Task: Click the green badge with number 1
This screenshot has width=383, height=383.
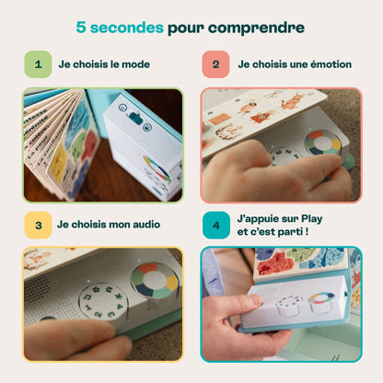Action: [x=38, y=64]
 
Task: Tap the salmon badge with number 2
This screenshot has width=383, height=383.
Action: [x=215, y=64]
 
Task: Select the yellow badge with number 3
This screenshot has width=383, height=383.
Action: [x=38, y=225]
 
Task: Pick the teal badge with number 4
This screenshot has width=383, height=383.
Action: [x=216, y=225]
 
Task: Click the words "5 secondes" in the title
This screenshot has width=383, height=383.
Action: [x=120, y=28]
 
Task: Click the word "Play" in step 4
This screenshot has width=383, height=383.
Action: [x=312, y=219]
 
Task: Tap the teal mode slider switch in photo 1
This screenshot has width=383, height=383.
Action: [x=135, y=118]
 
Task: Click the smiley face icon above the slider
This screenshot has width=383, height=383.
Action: [x=122, y=108]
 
